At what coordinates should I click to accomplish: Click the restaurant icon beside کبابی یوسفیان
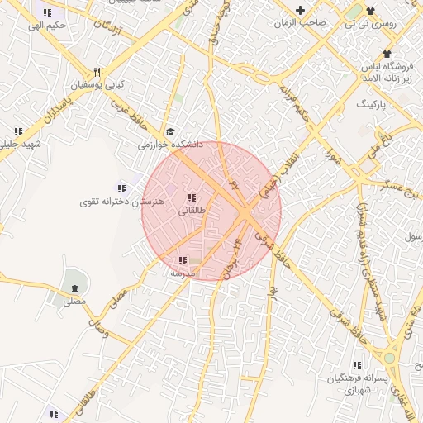[97, 72]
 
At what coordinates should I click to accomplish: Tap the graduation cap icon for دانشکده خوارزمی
[170, 131]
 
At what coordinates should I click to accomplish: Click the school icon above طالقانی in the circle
[192, 197]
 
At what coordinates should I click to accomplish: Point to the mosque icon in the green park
[75, 288]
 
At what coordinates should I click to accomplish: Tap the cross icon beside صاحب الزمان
[300, 11]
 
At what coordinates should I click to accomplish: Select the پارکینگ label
[370, 106]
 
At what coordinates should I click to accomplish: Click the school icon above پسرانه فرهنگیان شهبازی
[357, 364]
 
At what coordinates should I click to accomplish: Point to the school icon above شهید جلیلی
[18, 131]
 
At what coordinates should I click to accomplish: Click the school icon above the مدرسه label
[182, 260]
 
